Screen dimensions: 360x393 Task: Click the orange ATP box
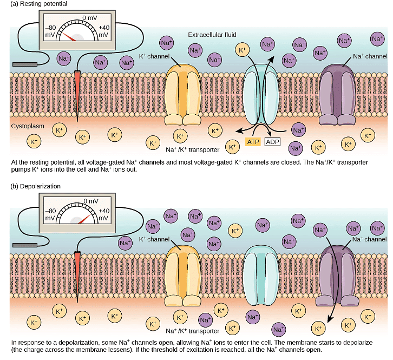point(253,142)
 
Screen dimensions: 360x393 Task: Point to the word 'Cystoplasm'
point(27,126)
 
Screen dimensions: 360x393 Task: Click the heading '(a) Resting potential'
point(36,4)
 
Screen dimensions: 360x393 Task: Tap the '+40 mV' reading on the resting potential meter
point(104,31)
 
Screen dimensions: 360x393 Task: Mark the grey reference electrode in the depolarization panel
point(25,246)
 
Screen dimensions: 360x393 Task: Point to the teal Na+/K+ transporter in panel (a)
point(260,92)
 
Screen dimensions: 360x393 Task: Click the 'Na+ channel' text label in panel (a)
point(370,56)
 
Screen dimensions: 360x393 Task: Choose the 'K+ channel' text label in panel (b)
point(155,239)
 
